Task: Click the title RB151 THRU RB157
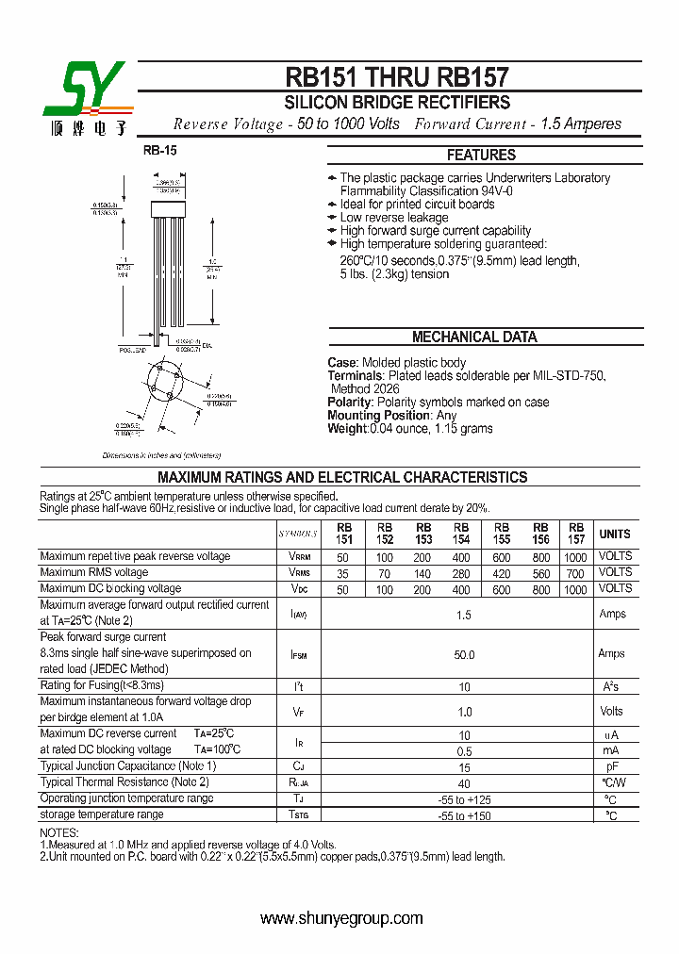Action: click(x=397, y=77)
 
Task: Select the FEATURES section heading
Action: click(x=481, y=155)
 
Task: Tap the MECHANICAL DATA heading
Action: click(x=474, y=337)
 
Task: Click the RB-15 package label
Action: click(x=159, y=150)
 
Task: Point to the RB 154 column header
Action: click(x=460, y=534)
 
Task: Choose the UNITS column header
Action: click(x=615, y=534)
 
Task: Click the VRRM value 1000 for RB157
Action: click(x=574, y=557)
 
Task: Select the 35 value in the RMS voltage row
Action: click(x=342, y=573)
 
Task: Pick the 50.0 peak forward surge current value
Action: click(x=464, y=654)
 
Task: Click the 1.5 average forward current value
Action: click(x=464, y=614)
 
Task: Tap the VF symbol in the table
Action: click(x=299, y=712)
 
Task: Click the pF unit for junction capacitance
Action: click(x=611, y=767)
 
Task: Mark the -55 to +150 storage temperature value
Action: click(x=464, y=815)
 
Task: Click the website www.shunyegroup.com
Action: click(x=341, y=918)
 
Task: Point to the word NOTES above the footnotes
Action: click(x=59, y=833)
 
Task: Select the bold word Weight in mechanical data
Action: click(x=346, y=429)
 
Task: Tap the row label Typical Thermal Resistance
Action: click(x=124, y=782)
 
